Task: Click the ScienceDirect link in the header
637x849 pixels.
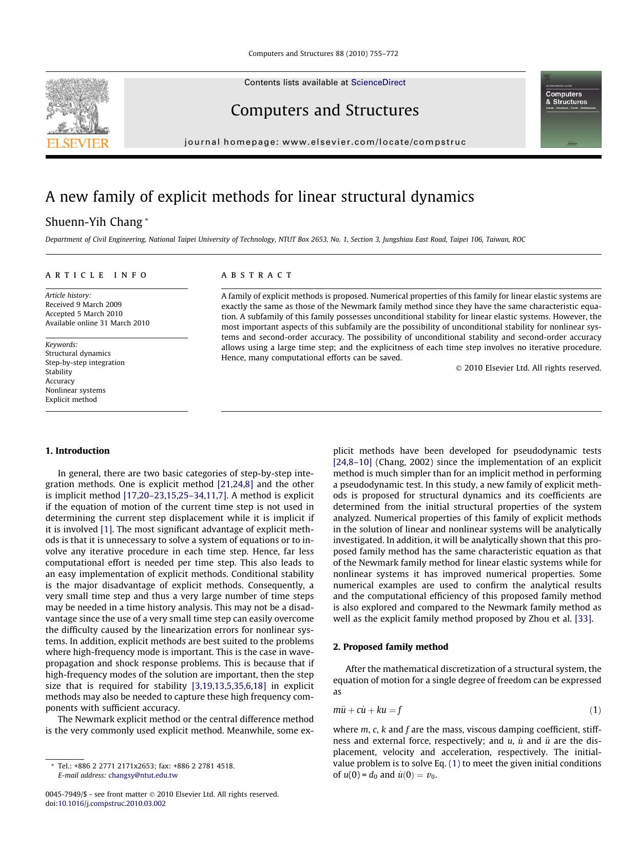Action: tap(378, 83)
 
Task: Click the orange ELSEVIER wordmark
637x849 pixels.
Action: tap(78, 143)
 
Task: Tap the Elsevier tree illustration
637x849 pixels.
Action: tap(77, 105)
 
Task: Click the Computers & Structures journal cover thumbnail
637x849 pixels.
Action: tap(570, 109)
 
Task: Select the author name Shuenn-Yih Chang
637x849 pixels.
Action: tap(93, 222)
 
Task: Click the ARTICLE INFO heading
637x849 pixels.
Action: tap(96, 275)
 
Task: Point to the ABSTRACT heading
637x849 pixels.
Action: tap(257, 275)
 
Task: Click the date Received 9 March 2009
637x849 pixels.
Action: tap(83, 304)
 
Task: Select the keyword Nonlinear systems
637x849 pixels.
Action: tap(75, 390)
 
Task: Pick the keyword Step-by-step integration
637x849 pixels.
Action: tap(85, 362)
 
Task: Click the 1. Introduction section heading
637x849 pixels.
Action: tap(78, 451)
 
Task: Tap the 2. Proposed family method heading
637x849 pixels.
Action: tap(390, 647)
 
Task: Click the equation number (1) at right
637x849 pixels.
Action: tap(594, 710)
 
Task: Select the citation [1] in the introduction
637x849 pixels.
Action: tap(106, 529)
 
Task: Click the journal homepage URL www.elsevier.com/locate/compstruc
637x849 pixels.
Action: tap(374, 142)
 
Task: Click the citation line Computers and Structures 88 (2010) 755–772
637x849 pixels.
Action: tap(323, 53)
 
